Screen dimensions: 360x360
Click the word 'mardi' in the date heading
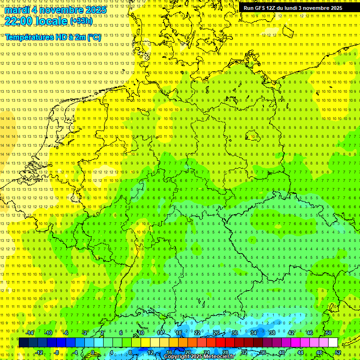17,10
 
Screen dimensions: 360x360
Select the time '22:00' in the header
20,21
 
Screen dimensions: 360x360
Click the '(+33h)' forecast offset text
81,21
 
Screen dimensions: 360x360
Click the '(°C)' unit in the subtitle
93,37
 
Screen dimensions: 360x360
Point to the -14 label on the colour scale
30,333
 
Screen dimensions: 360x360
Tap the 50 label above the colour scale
329,333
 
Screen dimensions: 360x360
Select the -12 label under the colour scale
39,352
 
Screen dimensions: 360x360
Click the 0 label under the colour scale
93,352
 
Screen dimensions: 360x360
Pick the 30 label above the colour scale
234,333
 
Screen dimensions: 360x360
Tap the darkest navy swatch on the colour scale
23,343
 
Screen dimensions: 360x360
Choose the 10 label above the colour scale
141,333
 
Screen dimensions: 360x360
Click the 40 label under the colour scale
281,352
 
